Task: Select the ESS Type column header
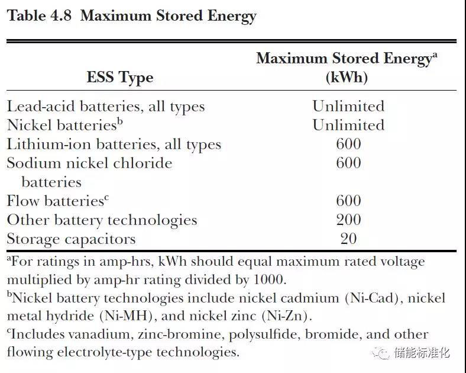[x=119, y=78]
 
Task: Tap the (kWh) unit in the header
[x=347, y=78]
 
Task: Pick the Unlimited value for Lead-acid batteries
[x=348, y=107]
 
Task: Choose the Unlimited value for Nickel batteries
[x=348, y=126]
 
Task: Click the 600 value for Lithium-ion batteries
[x=348, y=144]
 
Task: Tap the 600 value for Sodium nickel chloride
[x=348, y=163]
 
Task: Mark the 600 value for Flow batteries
[x=348, y=201]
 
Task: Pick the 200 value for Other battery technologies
[x=348, y=220]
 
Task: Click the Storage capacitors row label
[x=71, y=239]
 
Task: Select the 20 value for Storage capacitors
[x=348, y=239]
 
